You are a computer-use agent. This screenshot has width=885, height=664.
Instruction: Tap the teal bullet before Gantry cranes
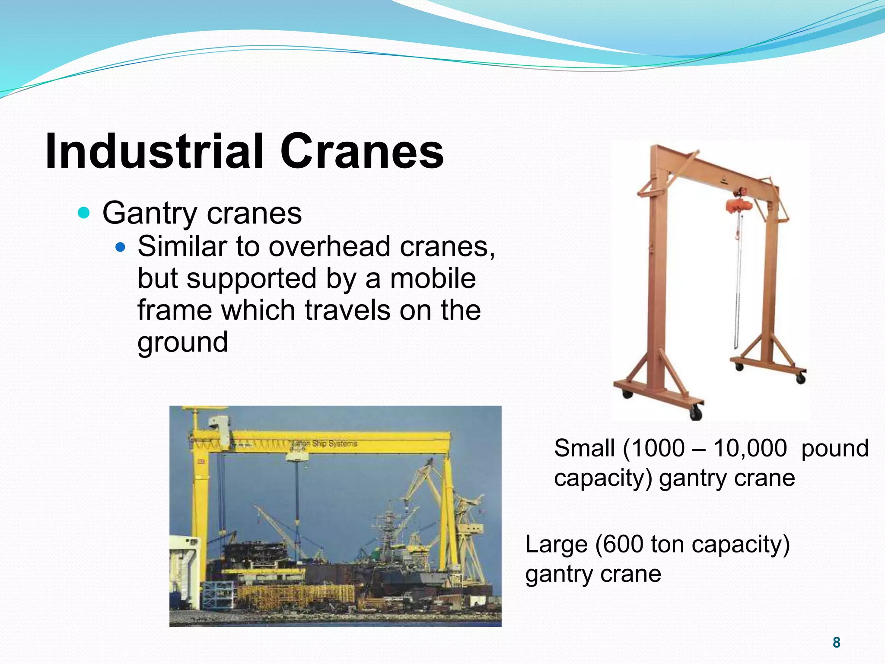(83, 213)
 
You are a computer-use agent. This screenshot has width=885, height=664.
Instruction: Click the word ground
(182, 342)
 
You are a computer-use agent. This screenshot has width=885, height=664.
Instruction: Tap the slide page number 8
(836, 642)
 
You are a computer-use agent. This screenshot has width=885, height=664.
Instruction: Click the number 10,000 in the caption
(750, 448)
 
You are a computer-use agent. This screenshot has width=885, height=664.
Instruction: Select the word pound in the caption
(834, 448)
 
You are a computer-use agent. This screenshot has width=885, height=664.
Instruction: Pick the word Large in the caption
(556, 544)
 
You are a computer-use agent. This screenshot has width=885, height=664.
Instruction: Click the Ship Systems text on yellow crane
(334, 444)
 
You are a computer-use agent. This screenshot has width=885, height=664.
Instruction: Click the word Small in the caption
(584, 448)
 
